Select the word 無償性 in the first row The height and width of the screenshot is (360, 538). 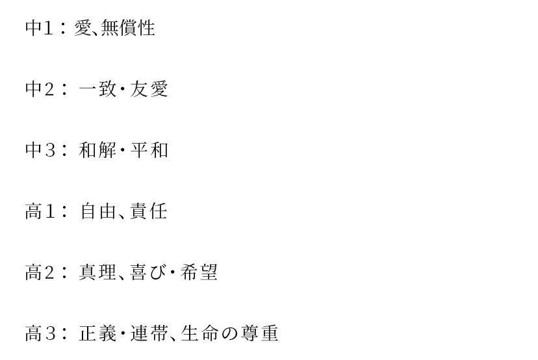tap(128, 28)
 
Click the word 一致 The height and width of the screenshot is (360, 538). tap(97, 89)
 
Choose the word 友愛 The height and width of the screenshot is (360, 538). tap(149, 89)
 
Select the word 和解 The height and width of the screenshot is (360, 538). tap(97, 150)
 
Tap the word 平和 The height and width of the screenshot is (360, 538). tap(149, 150)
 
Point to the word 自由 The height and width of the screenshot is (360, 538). tap(97, 211)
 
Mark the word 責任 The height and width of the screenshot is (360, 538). tap(148, 211)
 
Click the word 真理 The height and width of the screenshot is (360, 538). tap(97, 272)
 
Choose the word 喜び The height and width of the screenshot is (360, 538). tap(148, 272)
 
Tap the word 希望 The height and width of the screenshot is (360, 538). tap(199, 272)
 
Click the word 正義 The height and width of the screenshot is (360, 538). tap(97, 333)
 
